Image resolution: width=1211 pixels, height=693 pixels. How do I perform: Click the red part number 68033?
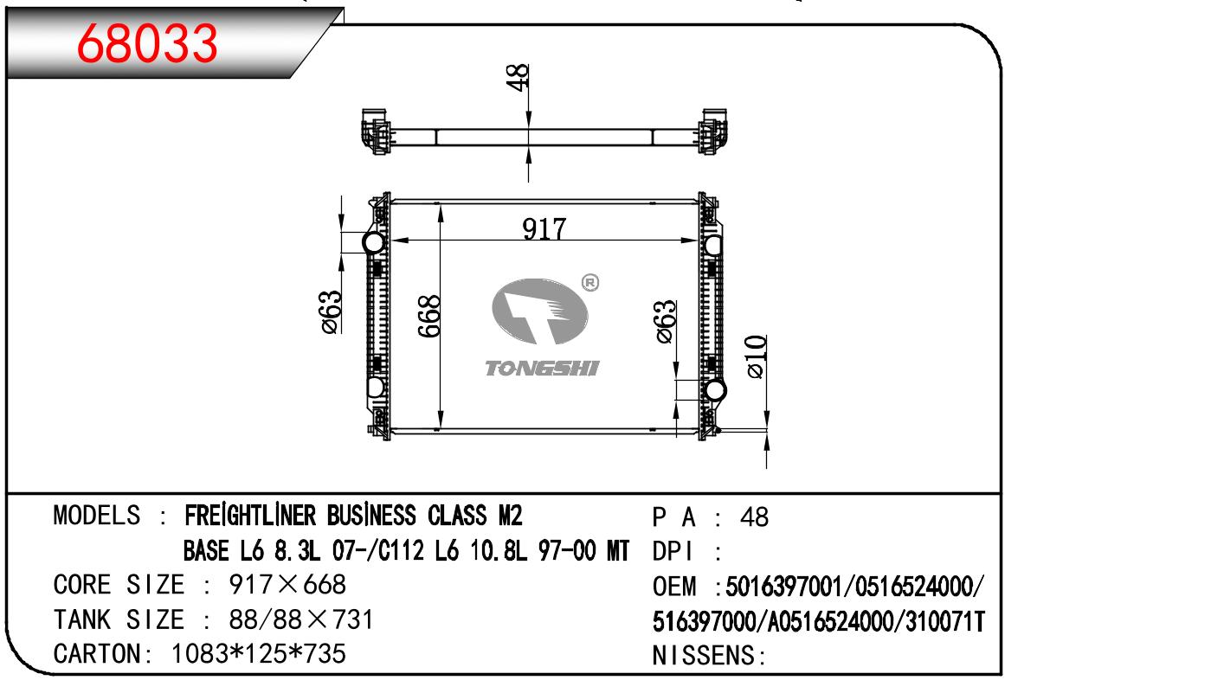coord(147,43)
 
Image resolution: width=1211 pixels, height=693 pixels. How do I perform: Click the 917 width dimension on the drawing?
coord(544,229)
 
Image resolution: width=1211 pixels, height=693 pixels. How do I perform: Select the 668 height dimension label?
coord(430,316)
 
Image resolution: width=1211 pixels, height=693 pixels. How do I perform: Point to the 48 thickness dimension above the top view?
coord(518,78)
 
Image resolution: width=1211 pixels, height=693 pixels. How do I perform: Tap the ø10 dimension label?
coord(756,356)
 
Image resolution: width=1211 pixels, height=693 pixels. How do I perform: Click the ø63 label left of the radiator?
coord(331,312)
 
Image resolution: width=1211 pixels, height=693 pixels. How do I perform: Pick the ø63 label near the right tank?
coord(666,322)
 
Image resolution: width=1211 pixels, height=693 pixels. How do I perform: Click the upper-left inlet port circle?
coord(374,242)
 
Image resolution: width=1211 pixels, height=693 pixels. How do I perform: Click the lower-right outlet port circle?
coord(715,390)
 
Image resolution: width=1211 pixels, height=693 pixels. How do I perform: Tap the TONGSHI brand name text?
coord(542,369)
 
